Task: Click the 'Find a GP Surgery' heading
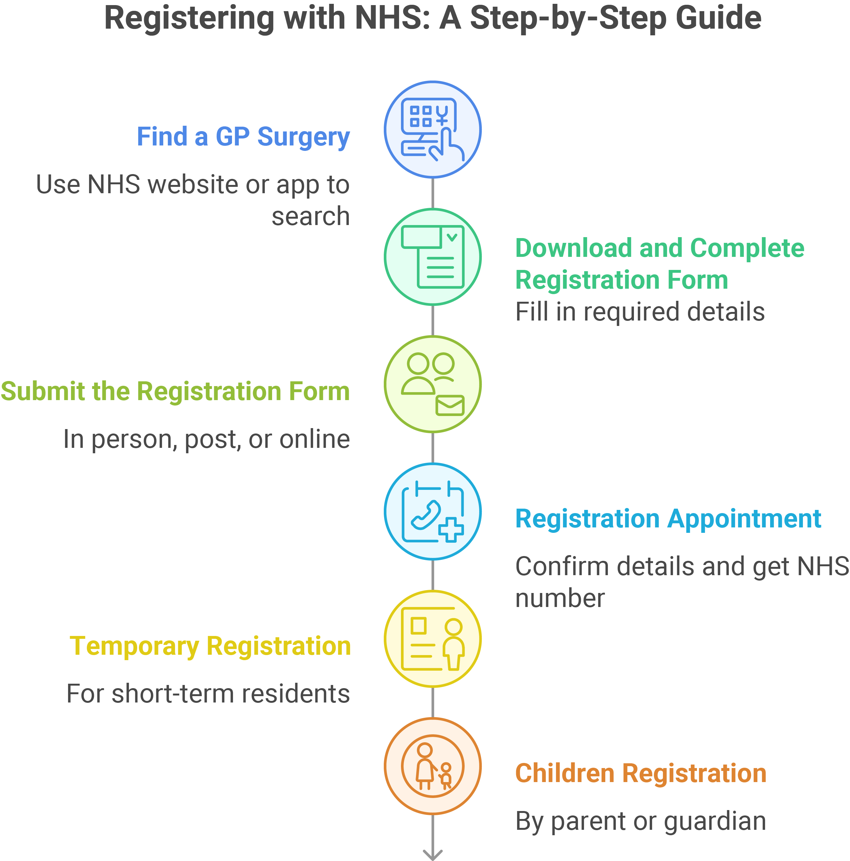click(243, 137)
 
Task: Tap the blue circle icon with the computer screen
click(432, 129)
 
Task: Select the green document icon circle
click(432, 257)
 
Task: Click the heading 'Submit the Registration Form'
click(175, 391)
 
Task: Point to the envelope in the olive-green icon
click(450, 405)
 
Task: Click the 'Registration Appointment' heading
click(668, 519)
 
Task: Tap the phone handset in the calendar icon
click(426, 515)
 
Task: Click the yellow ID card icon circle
click(432, 639)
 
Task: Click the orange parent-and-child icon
click(432, 766)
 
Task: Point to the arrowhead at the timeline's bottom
click(432, 855)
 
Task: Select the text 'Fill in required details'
click(640, 312)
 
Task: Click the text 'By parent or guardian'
click(641, 821)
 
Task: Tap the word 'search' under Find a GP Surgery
click(311, 216)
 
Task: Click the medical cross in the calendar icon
click(451, 530)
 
